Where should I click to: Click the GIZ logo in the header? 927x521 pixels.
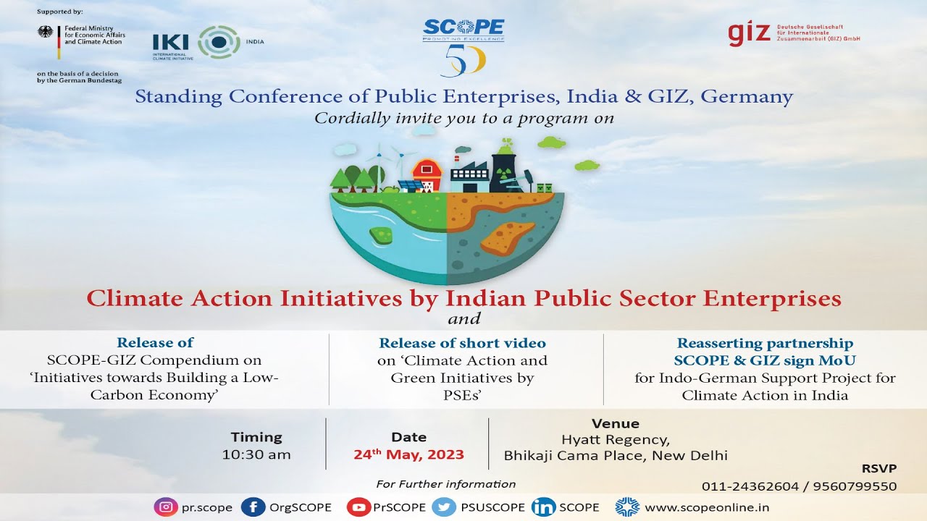point(750,34)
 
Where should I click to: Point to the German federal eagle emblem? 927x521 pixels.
point(46,33)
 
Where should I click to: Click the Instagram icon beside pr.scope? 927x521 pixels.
point(166,507)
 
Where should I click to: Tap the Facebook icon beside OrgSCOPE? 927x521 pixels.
point(253,507)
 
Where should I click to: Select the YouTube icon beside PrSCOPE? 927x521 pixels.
point(358,507)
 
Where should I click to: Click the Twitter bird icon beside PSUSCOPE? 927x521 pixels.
point(443,507)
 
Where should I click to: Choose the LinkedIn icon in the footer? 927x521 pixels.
point(542,507)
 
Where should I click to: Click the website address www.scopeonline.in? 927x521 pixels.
point(697,507)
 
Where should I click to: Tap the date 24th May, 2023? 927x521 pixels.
point(408,455)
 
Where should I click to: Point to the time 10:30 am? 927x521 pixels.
point(256,455)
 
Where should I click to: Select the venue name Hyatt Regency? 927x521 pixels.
point(616,440)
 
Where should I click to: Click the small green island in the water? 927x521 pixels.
point(380,234)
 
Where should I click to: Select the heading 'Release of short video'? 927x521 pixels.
point(462,343)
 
